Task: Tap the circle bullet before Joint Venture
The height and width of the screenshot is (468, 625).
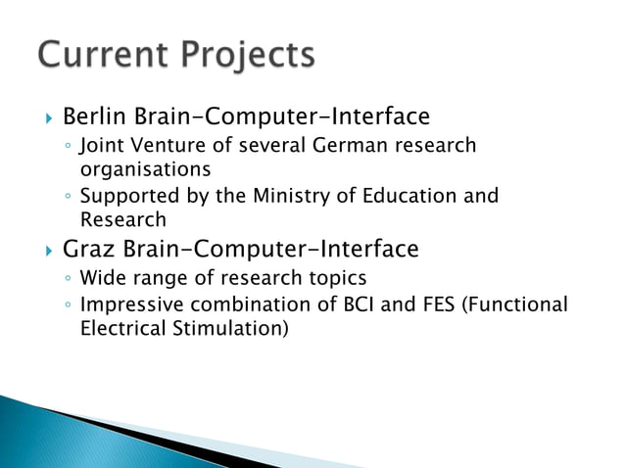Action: pos(66,148)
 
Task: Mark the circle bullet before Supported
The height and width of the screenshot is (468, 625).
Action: pos(66,198)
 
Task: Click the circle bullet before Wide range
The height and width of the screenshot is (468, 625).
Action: pos(66,279)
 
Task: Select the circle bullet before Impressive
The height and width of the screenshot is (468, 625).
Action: pos(66,306)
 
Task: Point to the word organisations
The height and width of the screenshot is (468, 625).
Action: pos(132,169)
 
